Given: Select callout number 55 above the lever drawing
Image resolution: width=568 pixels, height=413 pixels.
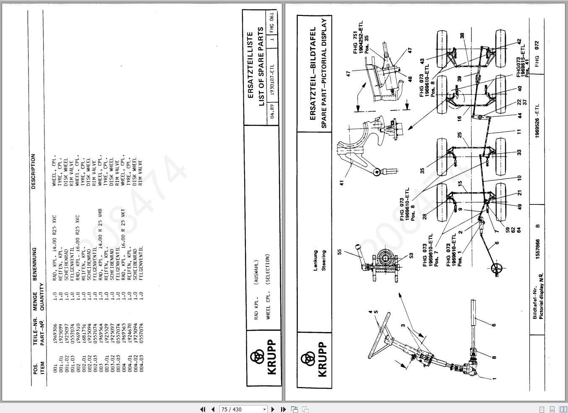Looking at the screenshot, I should pyautogui.click(x=340, y=252).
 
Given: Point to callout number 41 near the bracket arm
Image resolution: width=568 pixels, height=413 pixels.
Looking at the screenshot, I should pyautogui.click(x=342, y=183).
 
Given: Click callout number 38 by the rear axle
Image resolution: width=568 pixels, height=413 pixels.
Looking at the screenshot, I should pyautogui.click(x=462, y=36).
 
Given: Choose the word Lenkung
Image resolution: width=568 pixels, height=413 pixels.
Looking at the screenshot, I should pyautogui.click(x=315, y=261).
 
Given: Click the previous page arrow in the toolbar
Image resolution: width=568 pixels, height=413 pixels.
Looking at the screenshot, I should pyautogui.click(x=213, y=409).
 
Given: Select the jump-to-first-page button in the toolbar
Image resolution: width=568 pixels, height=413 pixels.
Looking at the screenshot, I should pyautogui.click(x=203, y=409).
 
